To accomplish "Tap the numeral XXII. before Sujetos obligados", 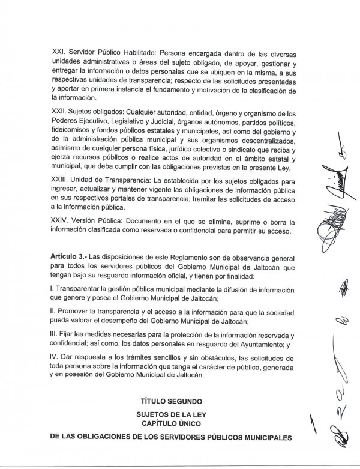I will tap(58, 113).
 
